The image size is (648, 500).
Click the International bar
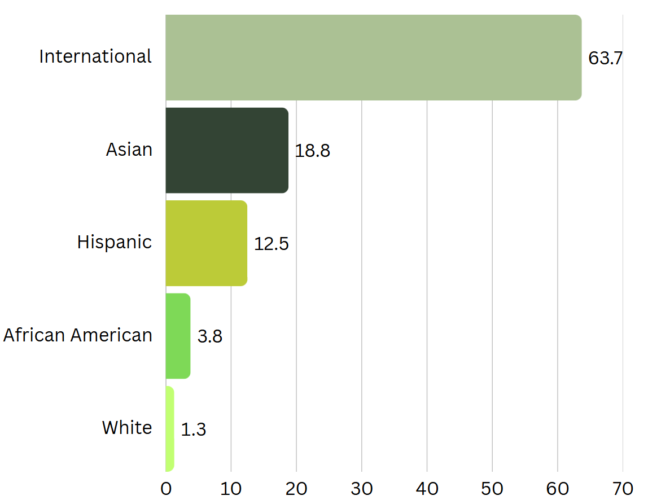(x=373, y=58)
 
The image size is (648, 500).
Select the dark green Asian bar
(x=227, y=150)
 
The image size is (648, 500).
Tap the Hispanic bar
(x=206, y=243)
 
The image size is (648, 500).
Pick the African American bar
(x=178, y=336)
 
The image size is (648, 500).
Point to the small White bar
(x=170, y=429)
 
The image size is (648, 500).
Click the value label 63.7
(x=605, y=58)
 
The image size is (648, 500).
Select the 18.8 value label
(x=312, y=151)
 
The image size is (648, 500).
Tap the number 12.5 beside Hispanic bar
(x=271, y=244)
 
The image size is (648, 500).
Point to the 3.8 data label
(x=210, y=337)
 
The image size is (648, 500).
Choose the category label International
(x=95, y=56)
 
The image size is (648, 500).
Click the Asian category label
(x=129, y=150)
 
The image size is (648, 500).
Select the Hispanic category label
(x=115, y=242)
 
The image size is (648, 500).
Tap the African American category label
(x=78, y=335)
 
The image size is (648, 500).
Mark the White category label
(x=127, y=428)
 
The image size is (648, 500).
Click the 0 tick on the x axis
(x=166, y=489)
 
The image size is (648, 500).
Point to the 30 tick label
(x=362, y=489)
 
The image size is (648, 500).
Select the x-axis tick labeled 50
(x=492, y=489)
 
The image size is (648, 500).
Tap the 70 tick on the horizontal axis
(x=623, y=489)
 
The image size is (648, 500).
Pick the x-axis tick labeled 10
(x=231, y=489)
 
